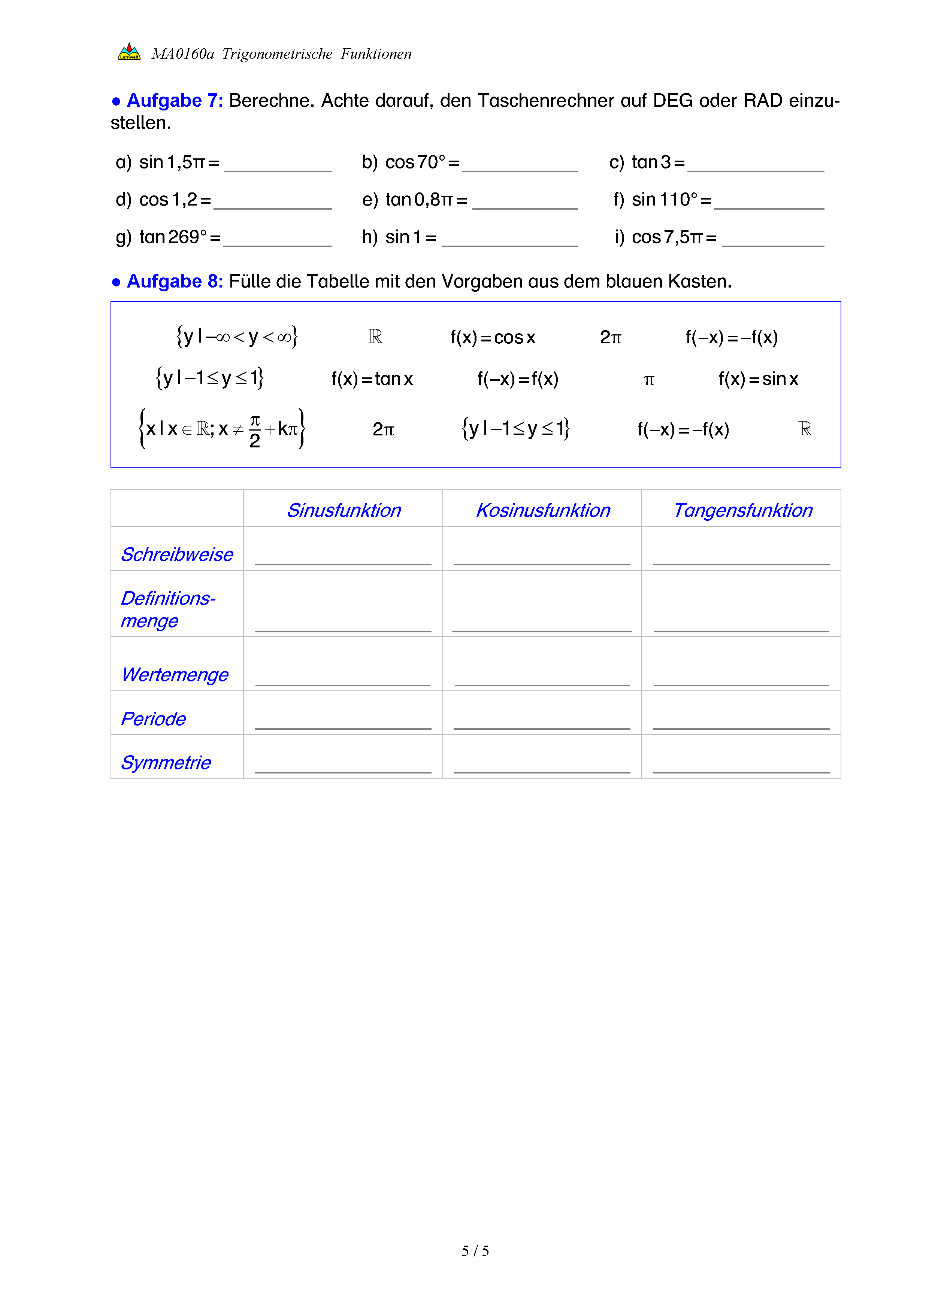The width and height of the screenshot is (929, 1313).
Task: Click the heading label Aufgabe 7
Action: click(x=175, y=101)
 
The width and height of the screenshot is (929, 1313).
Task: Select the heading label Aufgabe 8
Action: click(x=175, y=282)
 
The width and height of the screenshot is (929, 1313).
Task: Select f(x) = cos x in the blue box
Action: click(x=493, y=337)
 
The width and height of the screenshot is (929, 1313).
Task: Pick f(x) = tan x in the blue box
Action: click(x=372, y=379)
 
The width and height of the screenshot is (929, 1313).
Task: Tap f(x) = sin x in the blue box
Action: click(x=758, y=379)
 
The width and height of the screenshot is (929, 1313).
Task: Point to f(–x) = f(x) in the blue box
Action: click(x=518, y=379)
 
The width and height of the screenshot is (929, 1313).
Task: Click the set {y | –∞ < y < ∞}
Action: click(x=237, y=337)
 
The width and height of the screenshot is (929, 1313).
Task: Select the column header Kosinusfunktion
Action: click(x=543, y=510)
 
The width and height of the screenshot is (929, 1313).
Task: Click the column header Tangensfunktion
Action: click(x=742, y=510)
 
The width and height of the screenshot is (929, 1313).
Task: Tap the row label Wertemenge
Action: click(x=175, y=675)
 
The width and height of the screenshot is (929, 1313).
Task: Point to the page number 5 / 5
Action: click(x=475, y=1251)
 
